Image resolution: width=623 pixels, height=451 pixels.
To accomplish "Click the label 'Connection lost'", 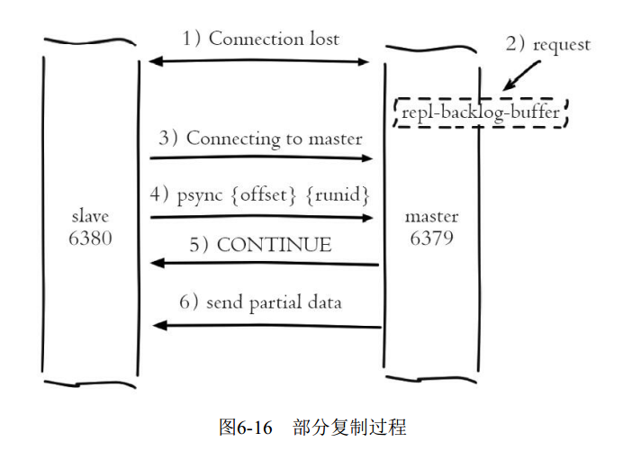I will tap(274, 39).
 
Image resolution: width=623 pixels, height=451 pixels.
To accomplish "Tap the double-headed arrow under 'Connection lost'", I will tap(259, 61).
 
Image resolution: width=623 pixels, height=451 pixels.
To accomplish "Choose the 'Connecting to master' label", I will tap(274, 139).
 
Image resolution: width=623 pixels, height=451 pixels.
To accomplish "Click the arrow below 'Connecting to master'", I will tap(261, 158).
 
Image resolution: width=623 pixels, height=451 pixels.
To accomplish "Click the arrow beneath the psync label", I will tap(261, 217).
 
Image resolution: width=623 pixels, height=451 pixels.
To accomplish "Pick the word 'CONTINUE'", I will tap(274, 245).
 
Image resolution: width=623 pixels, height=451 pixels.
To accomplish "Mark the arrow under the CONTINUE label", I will tap(264, 264).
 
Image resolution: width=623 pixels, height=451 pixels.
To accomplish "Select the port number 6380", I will tap(90, 240).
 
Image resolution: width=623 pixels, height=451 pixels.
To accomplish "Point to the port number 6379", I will tap(431, 240).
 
